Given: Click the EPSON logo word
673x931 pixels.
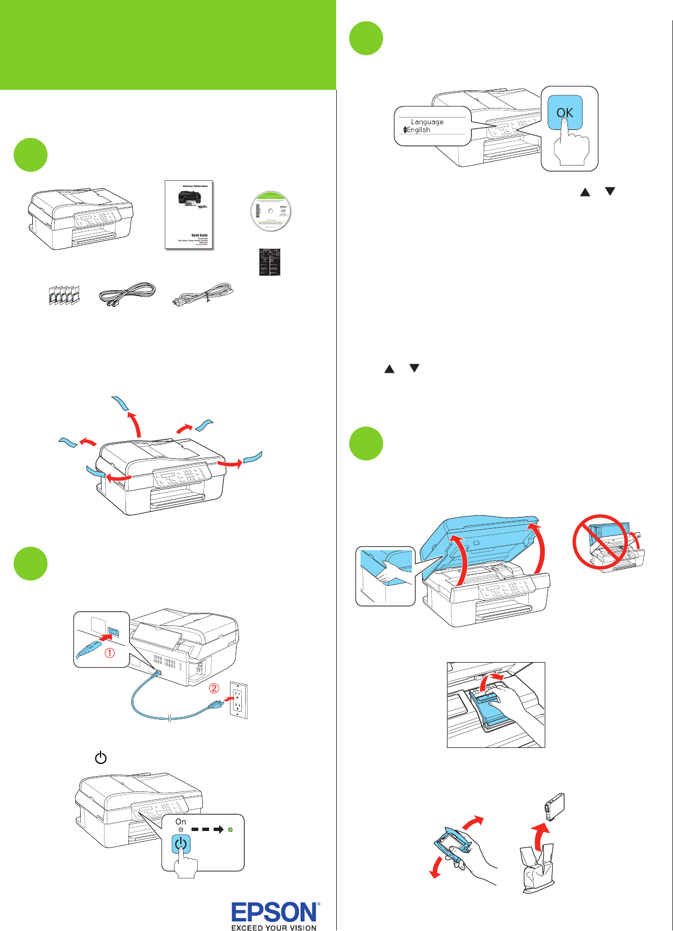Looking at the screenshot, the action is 275,912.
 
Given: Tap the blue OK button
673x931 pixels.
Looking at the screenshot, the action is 565,112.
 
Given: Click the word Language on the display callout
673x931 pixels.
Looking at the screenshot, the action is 427,122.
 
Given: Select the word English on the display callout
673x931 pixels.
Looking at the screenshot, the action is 419,130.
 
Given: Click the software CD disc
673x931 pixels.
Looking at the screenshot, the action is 271,211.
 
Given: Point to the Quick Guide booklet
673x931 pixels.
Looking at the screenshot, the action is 189,214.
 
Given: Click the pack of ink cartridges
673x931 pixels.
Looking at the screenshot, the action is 63,295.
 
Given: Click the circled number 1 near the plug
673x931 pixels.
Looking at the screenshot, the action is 110,653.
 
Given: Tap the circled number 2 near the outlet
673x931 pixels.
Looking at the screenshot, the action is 214,688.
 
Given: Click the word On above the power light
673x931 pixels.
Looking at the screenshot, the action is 181,822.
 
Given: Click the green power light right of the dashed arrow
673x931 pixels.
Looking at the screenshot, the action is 230,830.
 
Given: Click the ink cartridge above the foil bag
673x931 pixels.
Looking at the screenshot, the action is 554,806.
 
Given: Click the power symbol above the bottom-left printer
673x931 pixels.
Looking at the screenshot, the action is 101,758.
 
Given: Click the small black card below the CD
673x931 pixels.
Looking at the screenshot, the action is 270,262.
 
